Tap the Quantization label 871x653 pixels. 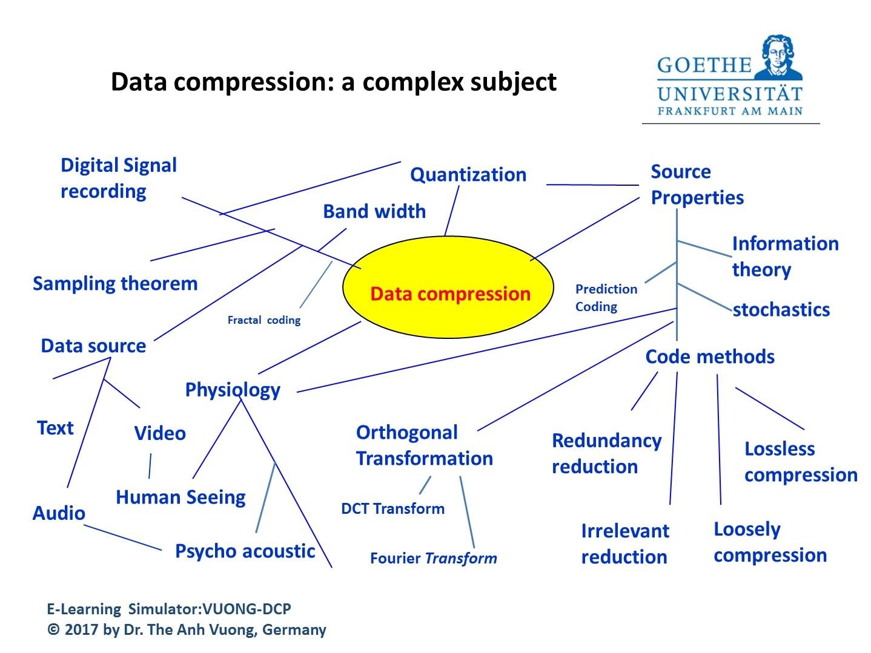468,174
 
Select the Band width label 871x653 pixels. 374,211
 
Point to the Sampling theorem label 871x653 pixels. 115,283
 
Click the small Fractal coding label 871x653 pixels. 263,320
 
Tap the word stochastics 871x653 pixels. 781,310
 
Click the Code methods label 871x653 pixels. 709,356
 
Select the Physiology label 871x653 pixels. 233,390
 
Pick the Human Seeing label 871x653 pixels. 180,497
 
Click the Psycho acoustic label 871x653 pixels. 245,551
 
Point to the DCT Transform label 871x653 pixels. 392,508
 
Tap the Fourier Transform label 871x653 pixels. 433,558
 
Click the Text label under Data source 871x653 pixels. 55,428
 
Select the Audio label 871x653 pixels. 59,513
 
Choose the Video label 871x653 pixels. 160,433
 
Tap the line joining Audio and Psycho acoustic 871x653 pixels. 123,537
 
